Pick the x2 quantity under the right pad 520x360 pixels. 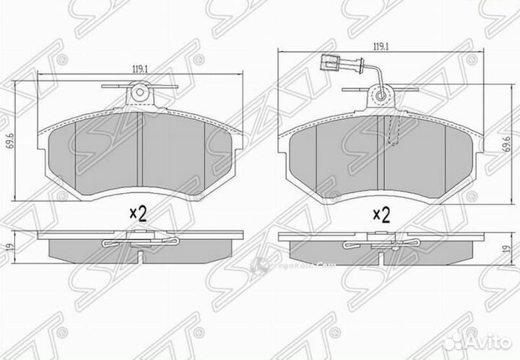380,213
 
